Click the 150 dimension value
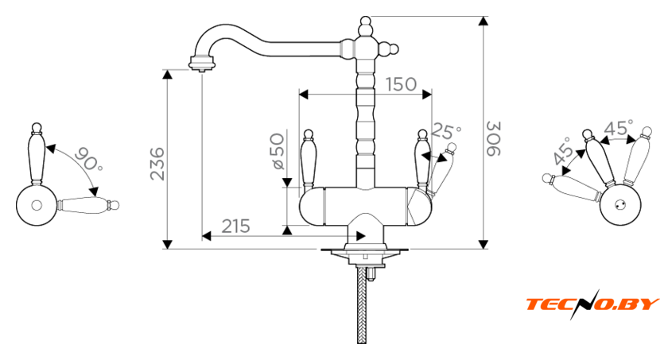[401, 84]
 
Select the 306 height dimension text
[494, 139]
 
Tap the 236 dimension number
[157, 164]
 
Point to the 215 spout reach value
[235, 226]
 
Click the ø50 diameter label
[278, 152]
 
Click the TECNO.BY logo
[592, 304]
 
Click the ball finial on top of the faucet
[366, 21]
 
